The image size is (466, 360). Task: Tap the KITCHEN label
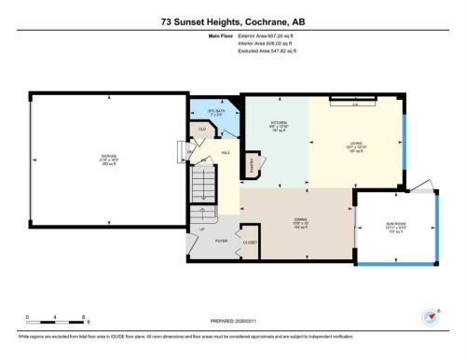pyautogui.click(x=279, y=123)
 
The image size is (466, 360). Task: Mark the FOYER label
pyautogui.click(x=221, y=241)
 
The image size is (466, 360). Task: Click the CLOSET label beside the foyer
pyautogui.click(x=250, y=242)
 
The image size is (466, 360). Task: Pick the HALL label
pyautogui.click(x=226, y=155)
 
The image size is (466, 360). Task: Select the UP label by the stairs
pyautogui.click(x=202, y=229)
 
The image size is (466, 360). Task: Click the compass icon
pyautogui.click(x=431, y=315)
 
